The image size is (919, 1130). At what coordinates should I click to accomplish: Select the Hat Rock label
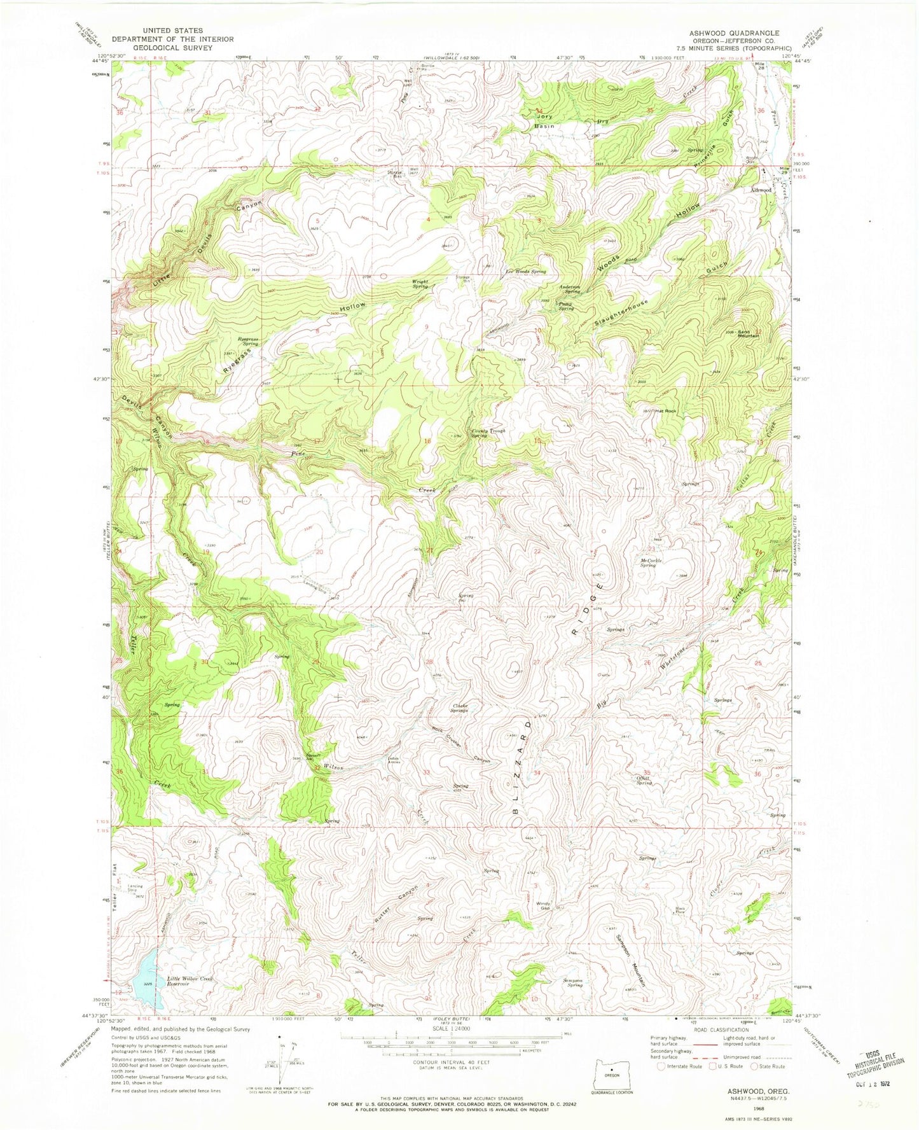coord(666,411)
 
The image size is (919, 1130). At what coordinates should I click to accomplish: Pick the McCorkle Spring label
coord(647,562)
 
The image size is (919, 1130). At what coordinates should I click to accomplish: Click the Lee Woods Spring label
coord(525,272)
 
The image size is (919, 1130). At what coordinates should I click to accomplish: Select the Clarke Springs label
coord(460,707)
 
